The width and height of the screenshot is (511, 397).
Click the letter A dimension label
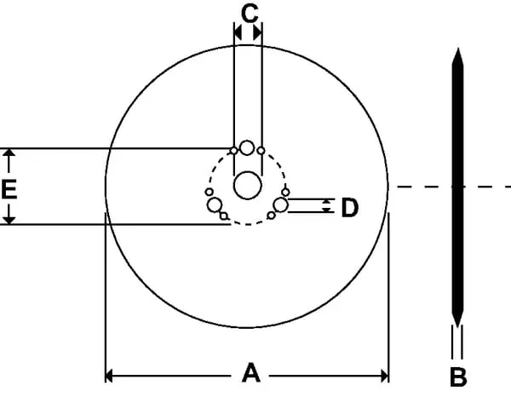tap(251, 373)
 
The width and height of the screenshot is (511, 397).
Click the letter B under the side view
tap(458, 377)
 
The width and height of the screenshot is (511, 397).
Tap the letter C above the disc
tap(250, 14)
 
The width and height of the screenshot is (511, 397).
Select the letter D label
tap(350, 208)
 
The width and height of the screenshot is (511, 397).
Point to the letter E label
tap(9, 189)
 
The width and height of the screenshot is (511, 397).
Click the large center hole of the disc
tap(248, 185)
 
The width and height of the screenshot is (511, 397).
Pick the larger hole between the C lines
tap(247, 147)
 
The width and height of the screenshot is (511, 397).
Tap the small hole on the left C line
tap(233, 151)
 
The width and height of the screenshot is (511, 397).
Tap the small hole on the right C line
tap(261, 151)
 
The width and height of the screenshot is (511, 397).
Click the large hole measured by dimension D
tap(280, 205)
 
